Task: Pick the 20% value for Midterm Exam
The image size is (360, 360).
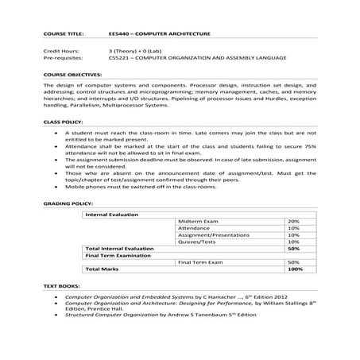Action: pyautogui.click(x=292, y=221)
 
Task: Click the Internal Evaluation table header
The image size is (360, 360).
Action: pyautogui.click(x=111, y=214)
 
